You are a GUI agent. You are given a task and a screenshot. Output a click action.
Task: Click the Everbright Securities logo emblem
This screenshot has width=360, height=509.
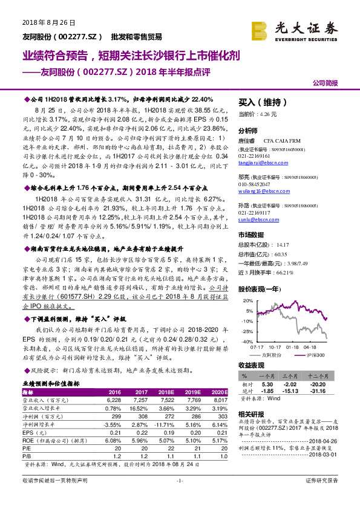point(260,28)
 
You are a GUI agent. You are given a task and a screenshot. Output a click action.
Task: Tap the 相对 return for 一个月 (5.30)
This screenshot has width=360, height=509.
point(268,383)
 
